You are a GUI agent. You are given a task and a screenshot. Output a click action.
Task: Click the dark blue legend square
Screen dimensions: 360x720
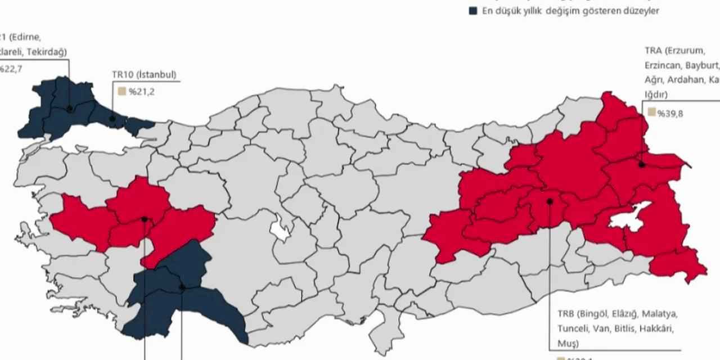[473, 11]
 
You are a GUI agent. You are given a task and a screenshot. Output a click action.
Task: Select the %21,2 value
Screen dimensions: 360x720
[141, 92]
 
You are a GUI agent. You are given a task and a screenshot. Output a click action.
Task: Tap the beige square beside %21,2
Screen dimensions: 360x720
[121, 92]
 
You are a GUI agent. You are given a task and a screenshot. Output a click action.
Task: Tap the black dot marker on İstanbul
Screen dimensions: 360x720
[112, 119]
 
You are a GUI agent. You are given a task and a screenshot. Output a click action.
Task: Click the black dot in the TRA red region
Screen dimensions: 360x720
[642, 165]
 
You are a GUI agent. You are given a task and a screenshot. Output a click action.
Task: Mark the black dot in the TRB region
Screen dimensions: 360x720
[550, 201]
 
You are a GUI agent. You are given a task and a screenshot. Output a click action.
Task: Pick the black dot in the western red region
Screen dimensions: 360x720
[145, 219]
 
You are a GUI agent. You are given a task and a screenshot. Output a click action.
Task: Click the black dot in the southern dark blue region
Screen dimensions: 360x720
[182, 287]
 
